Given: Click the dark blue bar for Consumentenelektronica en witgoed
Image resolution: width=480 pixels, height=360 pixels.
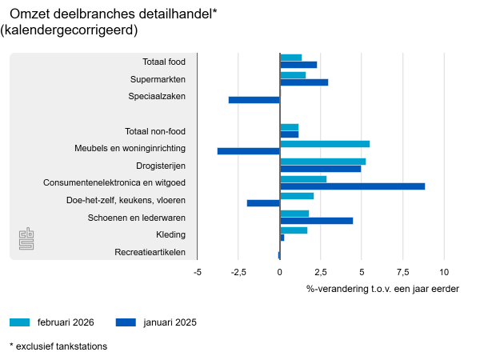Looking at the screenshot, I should point(352,186).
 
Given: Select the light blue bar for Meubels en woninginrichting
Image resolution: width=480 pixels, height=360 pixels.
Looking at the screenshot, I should point(325,144).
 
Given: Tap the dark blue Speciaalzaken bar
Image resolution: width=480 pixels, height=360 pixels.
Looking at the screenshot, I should point(254,100).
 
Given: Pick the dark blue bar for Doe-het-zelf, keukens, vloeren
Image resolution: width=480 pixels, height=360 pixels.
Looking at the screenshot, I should point(263,203).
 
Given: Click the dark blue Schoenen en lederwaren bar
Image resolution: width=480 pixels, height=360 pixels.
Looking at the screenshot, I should point(316,221).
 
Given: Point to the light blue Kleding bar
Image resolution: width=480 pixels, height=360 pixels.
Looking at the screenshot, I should point(294,230).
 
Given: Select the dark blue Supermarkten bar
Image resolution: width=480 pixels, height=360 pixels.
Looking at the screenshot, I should point(304,82).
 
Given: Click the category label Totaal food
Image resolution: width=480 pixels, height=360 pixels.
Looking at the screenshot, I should point(164,61).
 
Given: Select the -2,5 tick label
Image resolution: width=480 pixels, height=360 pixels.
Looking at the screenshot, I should point(238,273).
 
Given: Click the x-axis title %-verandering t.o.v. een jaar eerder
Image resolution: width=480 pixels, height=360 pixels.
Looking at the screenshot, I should point(382,288).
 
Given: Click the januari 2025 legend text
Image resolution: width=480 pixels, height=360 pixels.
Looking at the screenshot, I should point(170,322).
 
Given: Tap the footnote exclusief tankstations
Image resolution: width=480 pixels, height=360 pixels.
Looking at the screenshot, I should point(58,346).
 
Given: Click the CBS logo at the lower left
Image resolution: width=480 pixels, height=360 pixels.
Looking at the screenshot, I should point(27,238).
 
